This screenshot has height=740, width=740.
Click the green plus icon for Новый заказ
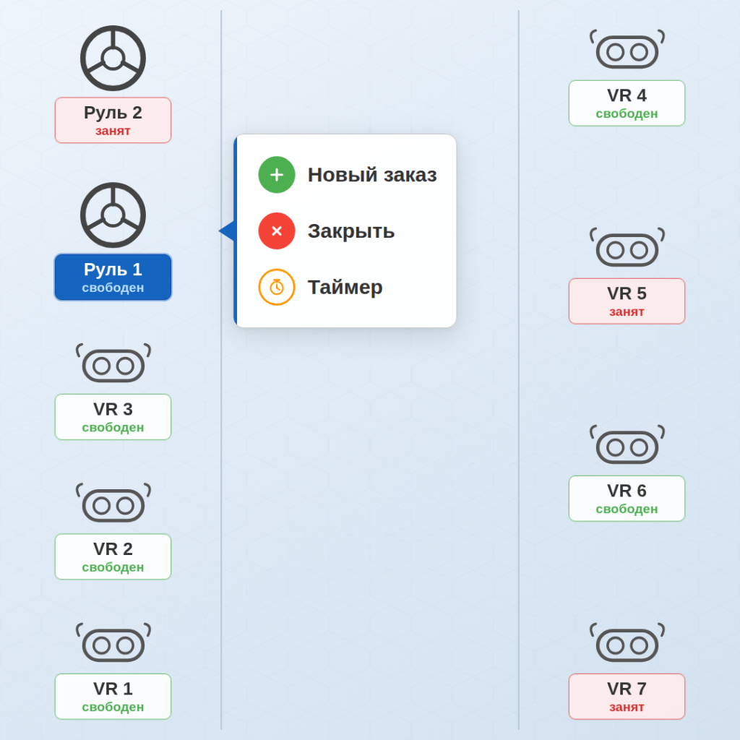tap(277, 175)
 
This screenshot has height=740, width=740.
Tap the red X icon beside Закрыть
tap(277, 231)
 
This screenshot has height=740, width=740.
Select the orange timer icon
tap(277, 287)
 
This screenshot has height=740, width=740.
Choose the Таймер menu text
tap(345, 287)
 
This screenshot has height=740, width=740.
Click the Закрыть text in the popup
tap(351, 231)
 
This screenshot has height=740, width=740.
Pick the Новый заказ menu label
tap(372, 175)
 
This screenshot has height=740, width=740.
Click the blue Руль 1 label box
tap(113, 277)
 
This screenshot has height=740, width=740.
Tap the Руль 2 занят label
tap(113, 120)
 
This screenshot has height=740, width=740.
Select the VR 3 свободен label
tap(113, 417)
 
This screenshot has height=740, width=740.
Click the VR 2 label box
tap(113, 556)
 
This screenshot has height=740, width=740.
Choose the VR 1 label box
tap(113, 697)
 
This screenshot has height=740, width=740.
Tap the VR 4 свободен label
tap(627, 103)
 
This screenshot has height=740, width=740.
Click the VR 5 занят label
tap(627, 301)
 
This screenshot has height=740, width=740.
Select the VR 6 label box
tap(627, 498)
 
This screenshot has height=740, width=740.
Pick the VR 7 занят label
tap(627, 697)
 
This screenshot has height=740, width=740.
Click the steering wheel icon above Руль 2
tap(113, 59)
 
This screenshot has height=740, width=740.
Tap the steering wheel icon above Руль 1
tap(113, 215)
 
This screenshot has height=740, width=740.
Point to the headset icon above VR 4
tap(627, 51)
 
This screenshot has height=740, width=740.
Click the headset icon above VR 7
tap(627, 645)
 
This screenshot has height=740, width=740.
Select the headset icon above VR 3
tap(113, 365)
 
